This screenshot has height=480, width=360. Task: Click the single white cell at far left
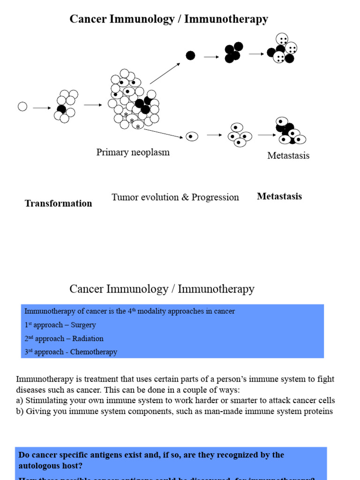pyautogui.click(x=22, y=107)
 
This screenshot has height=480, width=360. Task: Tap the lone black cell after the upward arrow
pyautogui.click(x=190, y=55)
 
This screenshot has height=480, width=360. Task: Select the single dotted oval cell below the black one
pyautogui.click(x=191, y=136)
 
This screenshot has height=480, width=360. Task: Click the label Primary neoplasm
pyautogui.click(x=133, y=152)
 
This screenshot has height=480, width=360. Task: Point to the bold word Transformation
pyautogui.click(x=58, y=203)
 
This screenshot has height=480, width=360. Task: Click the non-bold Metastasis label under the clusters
pyautogui.click(x=288, y=156)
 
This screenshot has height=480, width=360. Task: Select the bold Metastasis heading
pyautogui.click(x=279, y=196)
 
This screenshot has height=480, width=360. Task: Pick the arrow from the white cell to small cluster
pyautogui.click(x=42, y=108)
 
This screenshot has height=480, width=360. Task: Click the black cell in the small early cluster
pyautogui.click(x=61, y=109)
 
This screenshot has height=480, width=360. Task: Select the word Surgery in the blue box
pyautogui.click(x=83, y=325)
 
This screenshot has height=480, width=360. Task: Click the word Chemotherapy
pyautogui.click(x=94, y=352)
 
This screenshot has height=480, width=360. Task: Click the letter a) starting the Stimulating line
pyautogui.click(x=20, y=400)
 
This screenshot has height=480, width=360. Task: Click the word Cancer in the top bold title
pyautogui.click(x=85, y=19)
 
